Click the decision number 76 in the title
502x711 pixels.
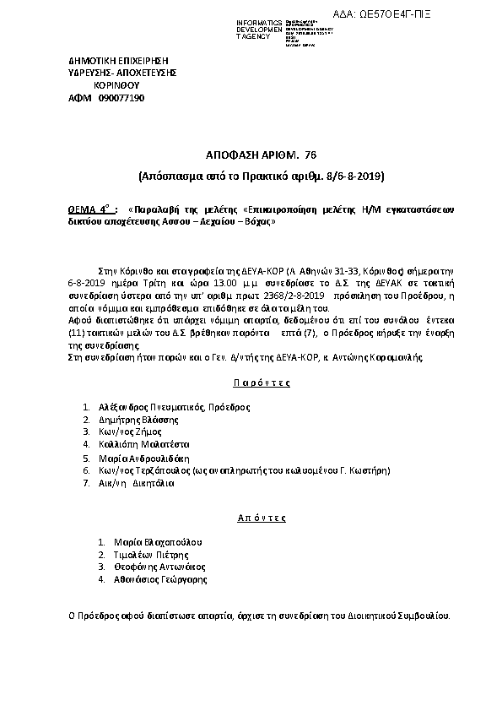[309, 155]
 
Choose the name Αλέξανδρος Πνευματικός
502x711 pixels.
[151, 407]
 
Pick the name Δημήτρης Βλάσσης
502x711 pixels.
[132, 419]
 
